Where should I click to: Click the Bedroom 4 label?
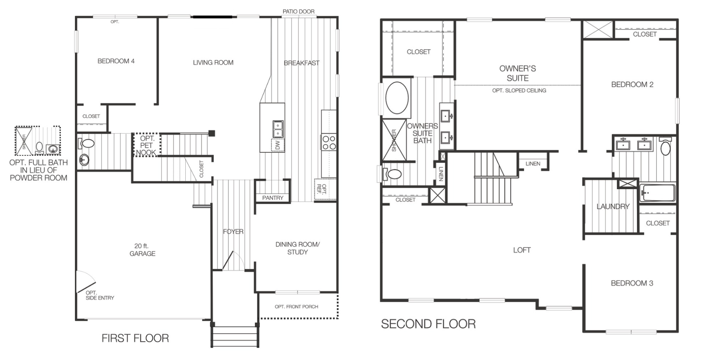pos(116,61)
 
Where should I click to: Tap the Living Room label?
pos(213,63)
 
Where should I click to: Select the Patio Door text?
pos(298,11)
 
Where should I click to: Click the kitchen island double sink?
pos(278,129)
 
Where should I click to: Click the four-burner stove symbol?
pos(329,142)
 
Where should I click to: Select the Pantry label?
pos(272,198)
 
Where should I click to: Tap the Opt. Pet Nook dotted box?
pos(147,145)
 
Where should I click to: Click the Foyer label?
pos(233,231)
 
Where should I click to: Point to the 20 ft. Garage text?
pos(142,250)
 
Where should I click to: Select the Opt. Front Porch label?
pos(296,307)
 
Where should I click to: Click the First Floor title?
pos(135,338)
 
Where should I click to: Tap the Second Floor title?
pos(428,324)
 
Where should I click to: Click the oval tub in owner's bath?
pos(397,98)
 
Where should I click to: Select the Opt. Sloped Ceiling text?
pos(519,91)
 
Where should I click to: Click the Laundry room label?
pos(612,206)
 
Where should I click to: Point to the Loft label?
pos(521,250)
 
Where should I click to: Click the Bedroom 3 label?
pos(632,283)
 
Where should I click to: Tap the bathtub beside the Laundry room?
pos(657,192)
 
